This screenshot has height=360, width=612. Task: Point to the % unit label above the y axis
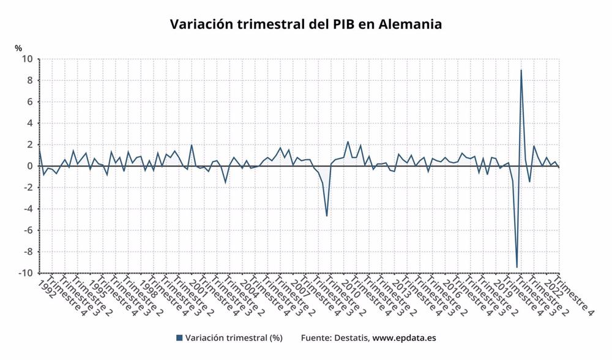18,48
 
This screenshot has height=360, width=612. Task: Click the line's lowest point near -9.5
517,267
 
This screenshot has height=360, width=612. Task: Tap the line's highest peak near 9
521,70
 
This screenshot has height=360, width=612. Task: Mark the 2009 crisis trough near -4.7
327,216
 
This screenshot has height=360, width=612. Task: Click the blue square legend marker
179,338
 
